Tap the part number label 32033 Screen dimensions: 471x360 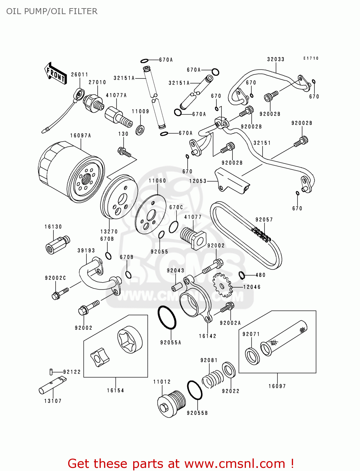[x=275, y=59]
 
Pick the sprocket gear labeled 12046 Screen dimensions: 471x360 [x=222, y=285]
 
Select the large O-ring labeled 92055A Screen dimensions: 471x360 [x=167, y=318]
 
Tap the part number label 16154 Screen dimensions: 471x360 [x=115, y=390]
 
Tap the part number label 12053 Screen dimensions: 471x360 [x=198, y=181]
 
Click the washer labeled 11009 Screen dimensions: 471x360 [x=140, y=130]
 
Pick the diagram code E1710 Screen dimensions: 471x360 [x=311, y=58]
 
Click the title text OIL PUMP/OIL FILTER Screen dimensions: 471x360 [x=52, y=11]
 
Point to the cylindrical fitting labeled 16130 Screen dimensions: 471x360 [x=57, y=244]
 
